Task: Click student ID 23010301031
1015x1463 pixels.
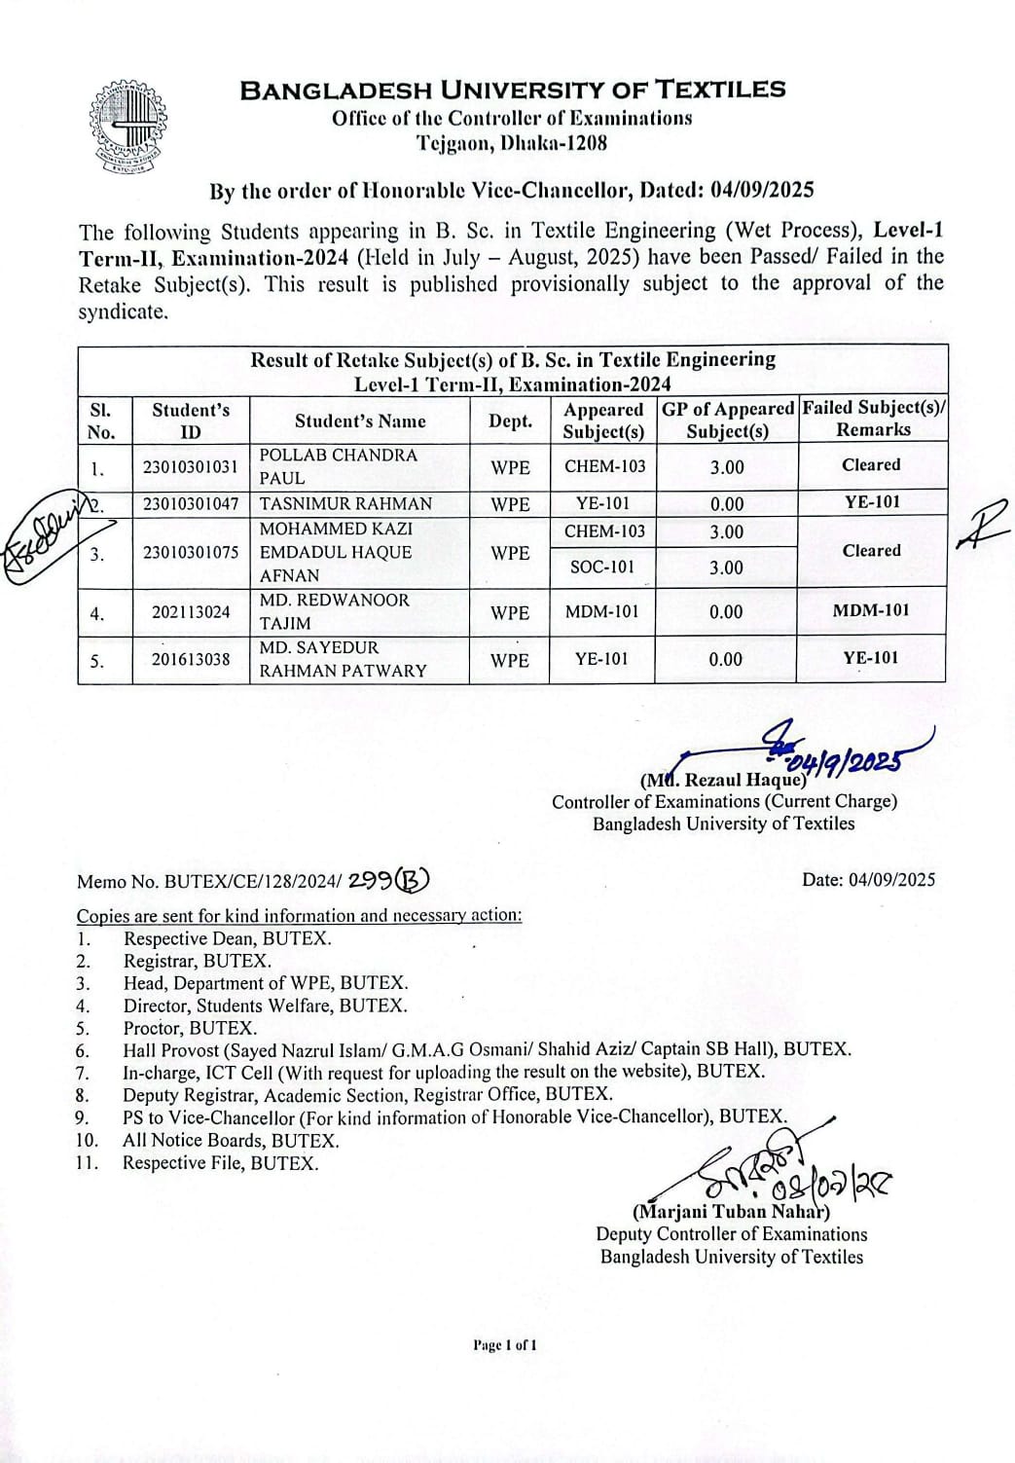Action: pos(190,466)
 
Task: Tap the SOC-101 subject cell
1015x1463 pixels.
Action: pos(601,567)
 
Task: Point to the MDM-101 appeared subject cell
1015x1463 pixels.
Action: pos(601,612)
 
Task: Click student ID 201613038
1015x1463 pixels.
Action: pos(191,659)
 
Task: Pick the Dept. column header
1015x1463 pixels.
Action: pos(510,421)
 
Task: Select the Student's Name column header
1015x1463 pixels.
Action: pos(360,421)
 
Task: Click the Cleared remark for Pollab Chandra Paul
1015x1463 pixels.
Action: pos(871,465)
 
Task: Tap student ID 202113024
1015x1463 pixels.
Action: pos(191,612)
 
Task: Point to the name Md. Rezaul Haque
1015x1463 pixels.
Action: pos(723,780)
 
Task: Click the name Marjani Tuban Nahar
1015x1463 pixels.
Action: pos(731,1212)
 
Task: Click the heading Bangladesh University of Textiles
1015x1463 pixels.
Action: pos(513,91)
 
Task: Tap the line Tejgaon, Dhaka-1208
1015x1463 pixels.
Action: pos(512,143)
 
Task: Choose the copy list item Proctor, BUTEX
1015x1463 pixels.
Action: pos(190,1028)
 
